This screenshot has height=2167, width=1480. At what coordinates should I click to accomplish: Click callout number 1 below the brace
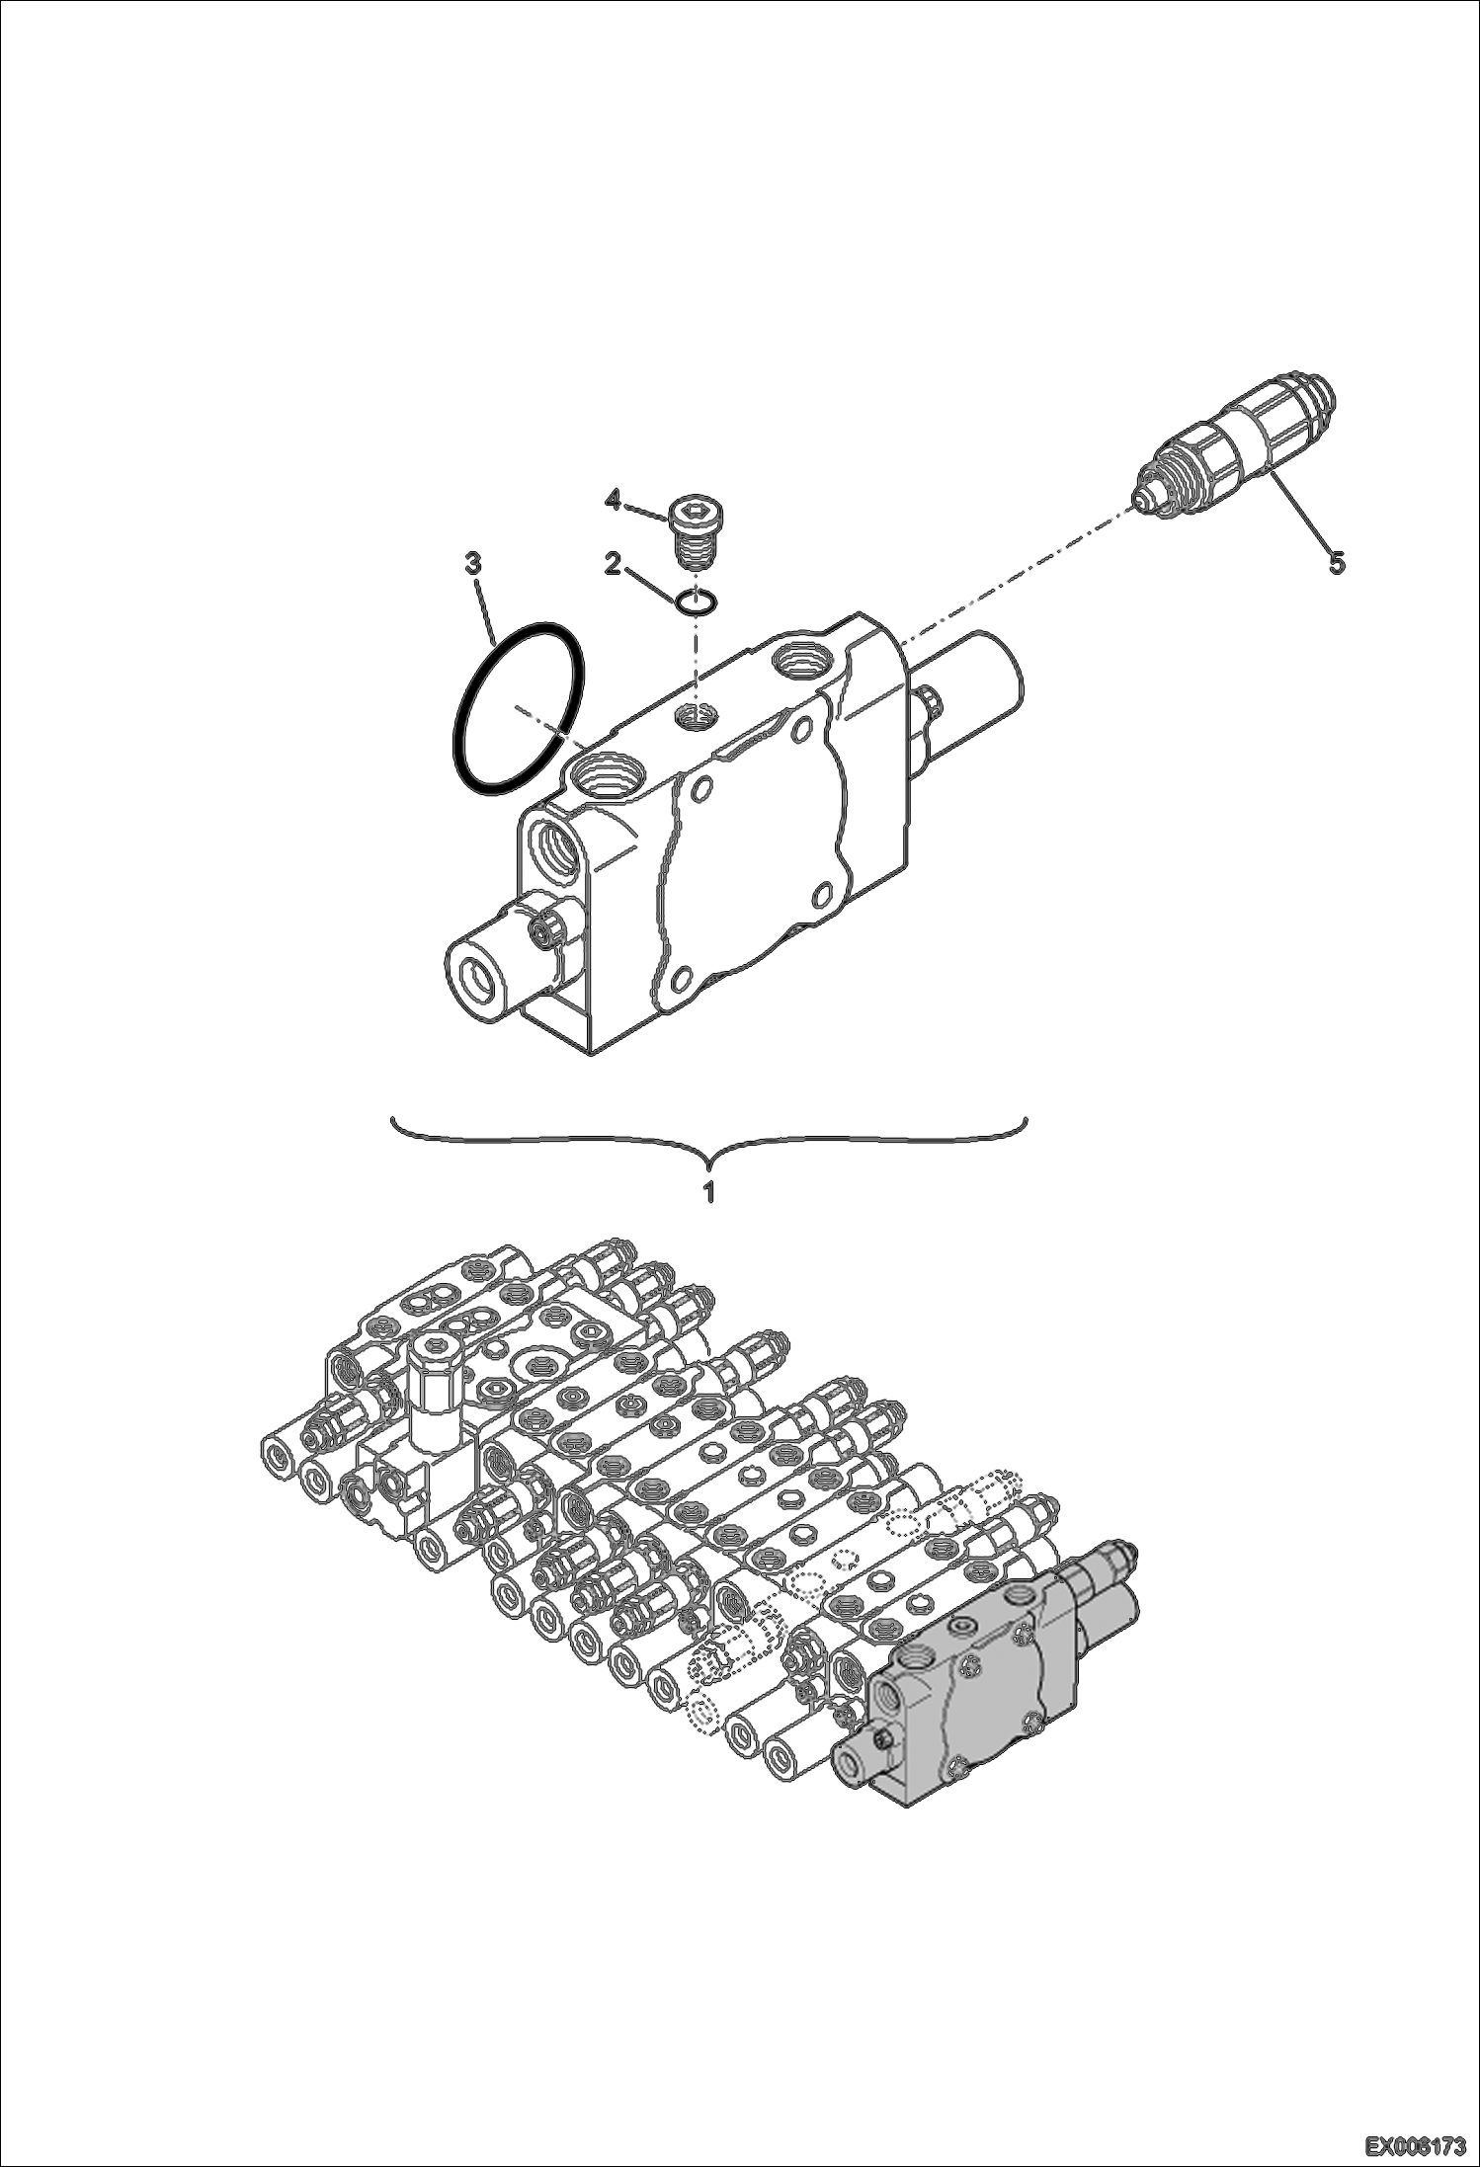707,1191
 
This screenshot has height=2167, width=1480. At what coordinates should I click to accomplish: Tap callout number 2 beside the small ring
613,564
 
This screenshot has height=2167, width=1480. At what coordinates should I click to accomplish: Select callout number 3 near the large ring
473,564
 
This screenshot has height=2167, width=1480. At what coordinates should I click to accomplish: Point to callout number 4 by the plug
613,502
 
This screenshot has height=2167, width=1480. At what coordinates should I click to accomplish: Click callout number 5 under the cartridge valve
1335,563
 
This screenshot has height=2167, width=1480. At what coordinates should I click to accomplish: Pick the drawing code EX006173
1416,2144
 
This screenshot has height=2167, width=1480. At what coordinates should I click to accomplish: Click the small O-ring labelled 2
699,601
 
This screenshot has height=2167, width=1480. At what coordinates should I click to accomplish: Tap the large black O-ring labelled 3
518,707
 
